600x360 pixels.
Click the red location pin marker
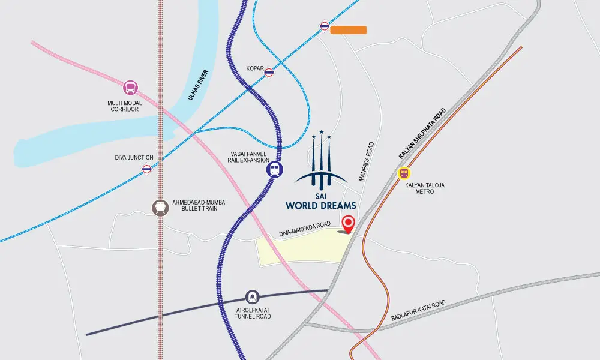[x=347, y=224]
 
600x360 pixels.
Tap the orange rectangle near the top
[x=348, y=29]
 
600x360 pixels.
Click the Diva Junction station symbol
[x=147, y=169]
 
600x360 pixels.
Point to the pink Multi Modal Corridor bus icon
[x=130, y=88]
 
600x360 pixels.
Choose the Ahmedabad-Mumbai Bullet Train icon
[x=160, y=207]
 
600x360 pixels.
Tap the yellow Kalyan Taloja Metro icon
[x=405, y=173]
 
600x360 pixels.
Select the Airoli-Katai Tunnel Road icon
[x=253, y=296]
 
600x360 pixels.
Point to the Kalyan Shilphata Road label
[x=423, y=134]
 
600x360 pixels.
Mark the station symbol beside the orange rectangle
[x=325, y=26]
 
